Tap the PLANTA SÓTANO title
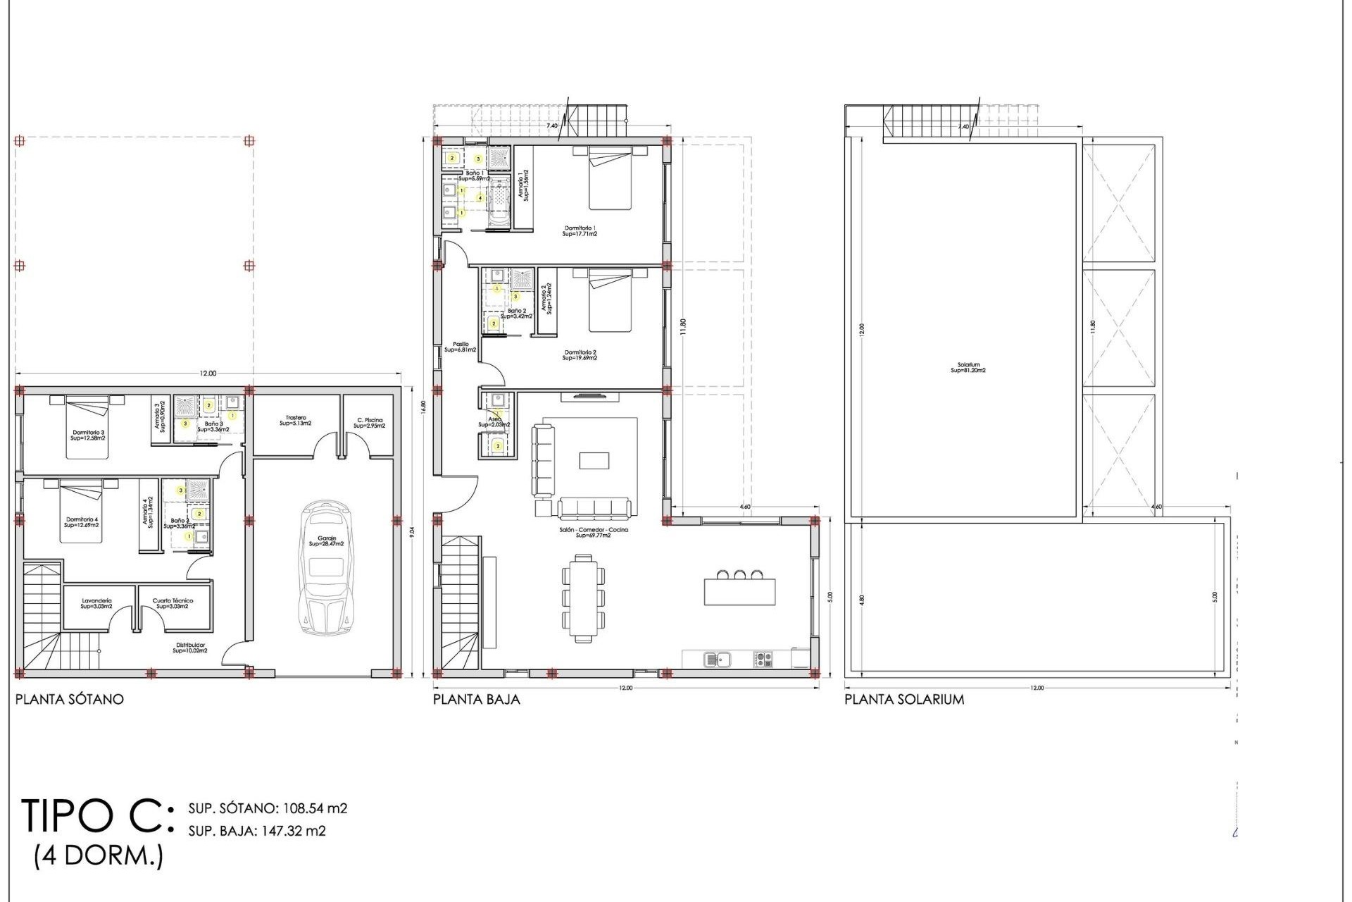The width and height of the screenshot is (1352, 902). tap(70, 700)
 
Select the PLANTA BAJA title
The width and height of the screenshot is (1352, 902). tap(477, 700)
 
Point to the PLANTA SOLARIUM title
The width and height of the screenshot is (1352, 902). tap(904, 700)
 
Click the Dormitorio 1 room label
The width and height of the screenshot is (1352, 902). tap(580, 230)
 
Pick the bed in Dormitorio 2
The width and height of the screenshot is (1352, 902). tap(610, 300)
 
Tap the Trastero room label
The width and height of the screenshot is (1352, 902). tap(296, 421)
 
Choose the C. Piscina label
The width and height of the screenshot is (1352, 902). tap(369, 423)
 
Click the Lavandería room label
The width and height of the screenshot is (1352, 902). tap(96, 603)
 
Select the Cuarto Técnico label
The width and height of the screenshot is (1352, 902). tap(173, 603)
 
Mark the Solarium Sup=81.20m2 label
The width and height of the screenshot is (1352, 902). tap(968, 368)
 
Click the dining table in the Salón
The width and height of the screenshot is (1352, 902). tap(583, 598)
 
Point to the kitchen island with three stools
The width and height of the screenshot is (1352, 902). tap(739, 591)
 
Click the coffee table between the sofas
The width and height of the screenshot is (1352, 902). tap(594, 460)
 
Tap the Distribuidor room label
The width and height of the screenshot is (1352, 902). tap(190, 648)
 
